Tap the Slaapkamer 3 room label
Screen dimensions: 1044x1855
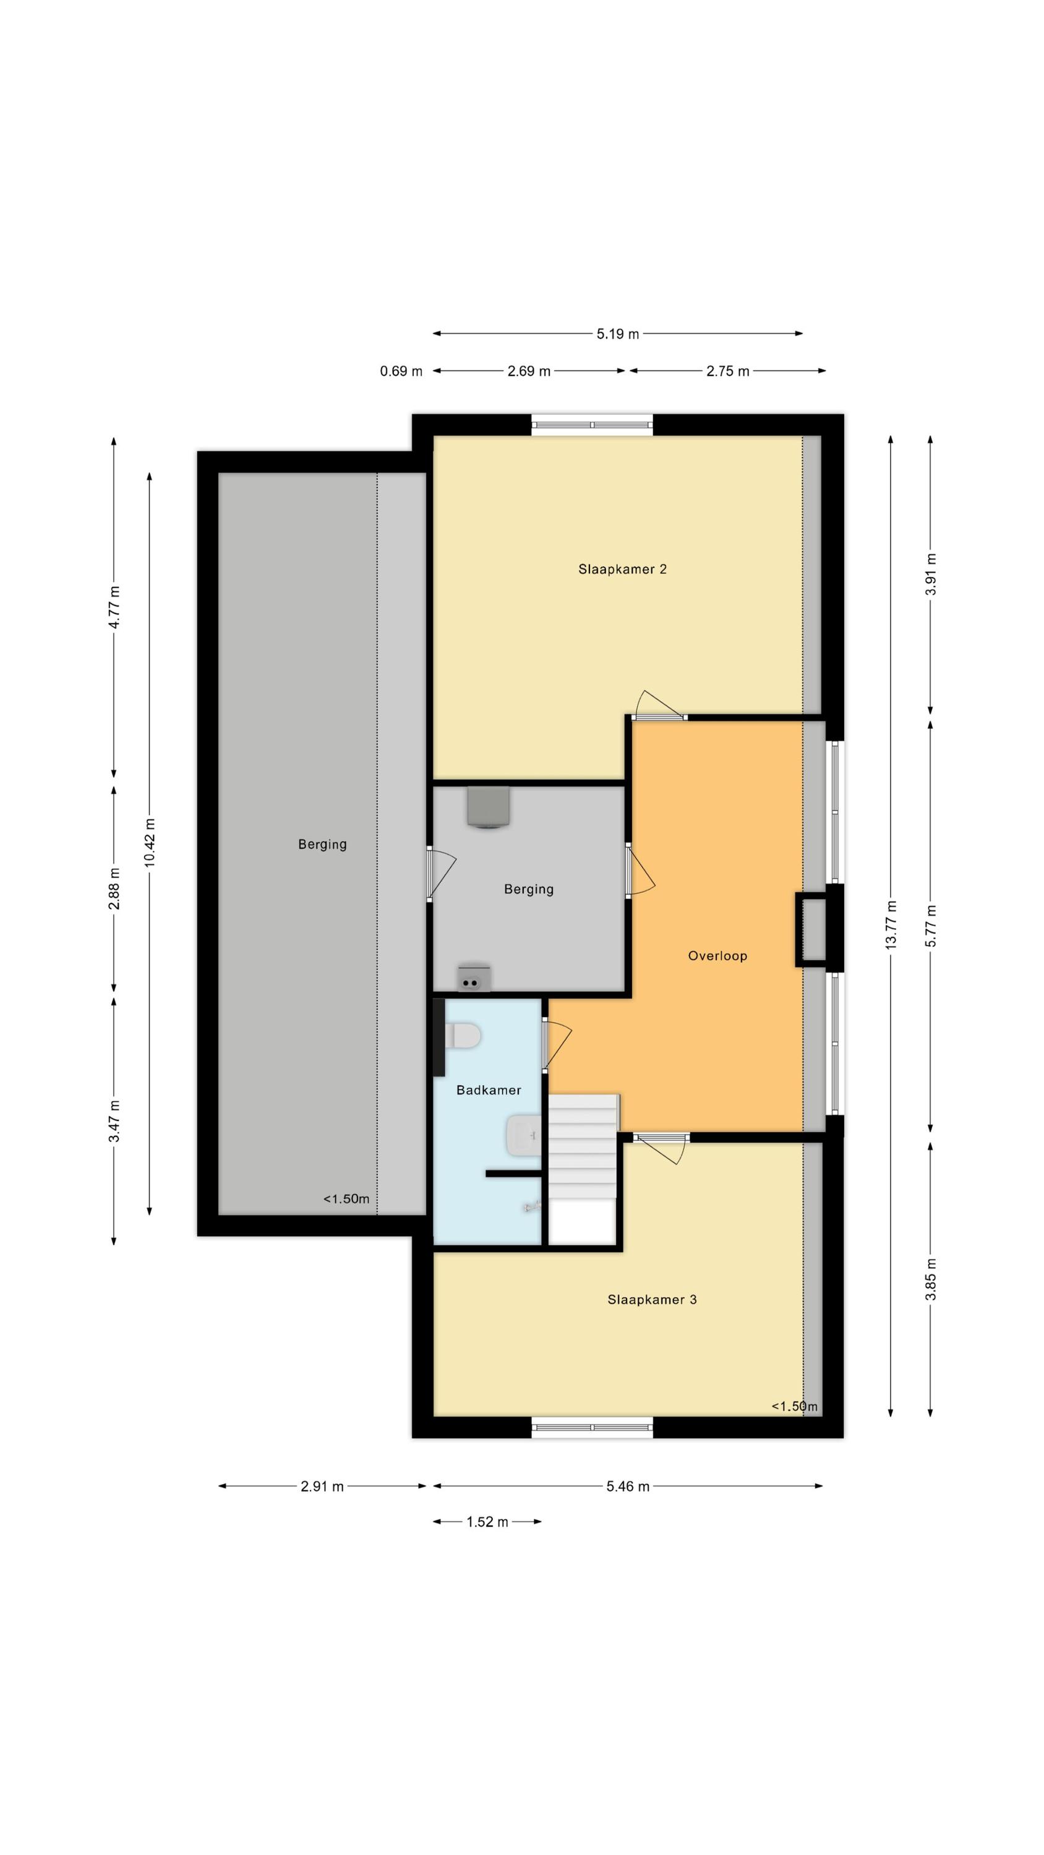point(651,1299)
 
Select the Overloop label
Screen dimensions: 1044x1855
point(717,955)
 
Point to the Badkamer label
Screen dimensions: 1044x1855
point(489,1090)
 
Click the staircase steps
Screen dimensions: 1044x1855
point(582,1146)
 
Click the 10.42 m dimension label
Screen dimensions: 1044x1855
point(149,843)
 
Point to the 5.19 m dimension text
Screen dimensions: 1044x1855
point(617,334)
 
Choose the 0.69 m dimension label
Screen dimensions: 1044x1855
point(401,371)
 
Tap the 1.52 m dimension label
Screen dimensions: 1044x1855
point(487,1522)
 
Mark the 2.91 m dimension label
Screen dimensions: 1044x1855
point(322,1486)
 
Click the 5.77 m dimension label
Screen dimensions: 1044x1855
point(930,926)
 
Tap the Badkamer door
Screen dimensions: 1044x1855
point(556,1044)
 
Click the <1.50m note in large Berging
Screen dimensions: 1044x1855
point(346,1199)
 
